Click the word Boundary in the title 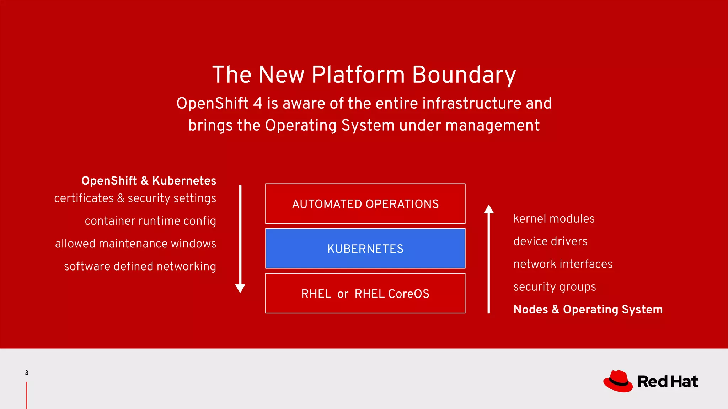tap(464, 75)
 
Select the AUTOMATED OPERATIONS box tap(365, 204)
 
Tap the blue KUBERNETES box tap(365, 249)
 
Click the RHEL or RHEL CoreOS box tap(365, 294)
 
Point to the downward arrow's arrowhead tap(240, 288)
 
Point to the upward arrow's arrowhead tap(489, 209)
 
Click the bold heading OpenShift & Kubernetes tap(149, 181)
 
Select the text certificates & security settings tap(135, 198)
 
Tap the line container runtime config tap(150, 221)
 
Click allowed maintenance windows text tap(135, 244)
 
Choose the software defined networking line tap(140, 266)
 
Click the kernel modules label tap(554, 219)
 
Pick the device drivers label tap(550, 241)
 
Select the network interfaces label tap(563, 264)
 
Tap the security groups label tap(555, 287)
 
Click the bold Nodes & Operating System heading tap(588, 310)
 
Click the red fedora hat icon tap(618, 381)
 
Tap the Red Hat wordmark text tap(668, 382)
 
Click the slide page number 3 tap(27, 372)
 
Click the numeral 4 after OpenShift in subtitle tap(258, 103)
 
